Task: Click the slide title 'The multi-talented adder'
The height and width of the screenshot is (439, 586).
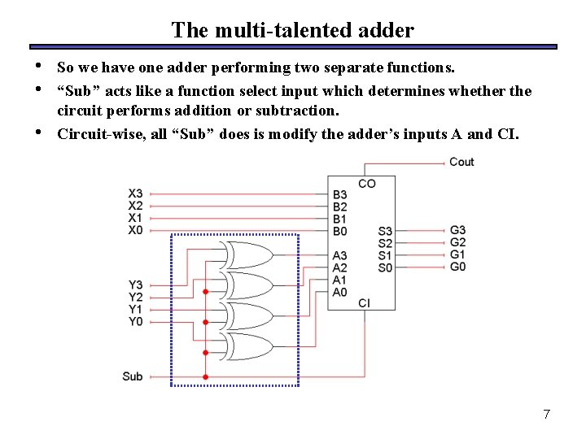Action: [292, 30]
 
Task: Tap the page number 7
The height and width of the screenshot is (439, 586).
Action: [546, 415]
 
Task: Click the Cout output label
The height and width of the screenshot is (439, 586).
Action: [461, 162]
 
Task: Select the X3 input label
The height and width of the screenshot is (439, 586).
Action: [135, 193]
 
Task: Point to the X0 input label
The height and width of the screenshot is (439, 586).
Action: [135, 230]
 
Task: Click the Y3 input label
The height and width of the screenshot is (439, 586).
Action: [135, 285]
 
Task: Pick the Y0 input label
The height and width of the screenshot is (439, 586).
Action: [135, 321]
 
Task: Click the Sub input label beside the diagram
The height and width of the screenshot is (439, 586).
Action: [133, 376]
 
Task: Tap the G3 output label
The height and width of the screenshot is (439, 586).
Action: [457, 230]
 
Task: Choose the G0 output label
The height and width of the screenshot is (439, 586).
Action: [457, 266]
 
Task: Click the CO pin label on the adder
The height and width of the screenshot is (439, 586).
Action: [367, 184]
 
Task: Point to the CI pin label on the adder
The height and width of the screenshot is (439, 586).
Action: [364, 302]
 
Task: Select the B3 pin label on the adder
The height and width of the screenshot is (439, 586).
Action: [339, 194]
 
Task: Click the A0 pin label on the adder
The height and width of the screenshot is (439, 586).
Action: [339, 291]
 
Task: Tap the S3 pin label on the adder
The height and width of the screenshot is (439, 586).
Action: [385, 231]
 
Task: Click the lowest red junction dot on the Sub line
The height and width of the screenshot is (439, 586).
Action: [205, 377]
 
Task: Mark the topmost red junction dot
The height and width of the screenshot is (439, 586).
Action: [205, 291]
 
